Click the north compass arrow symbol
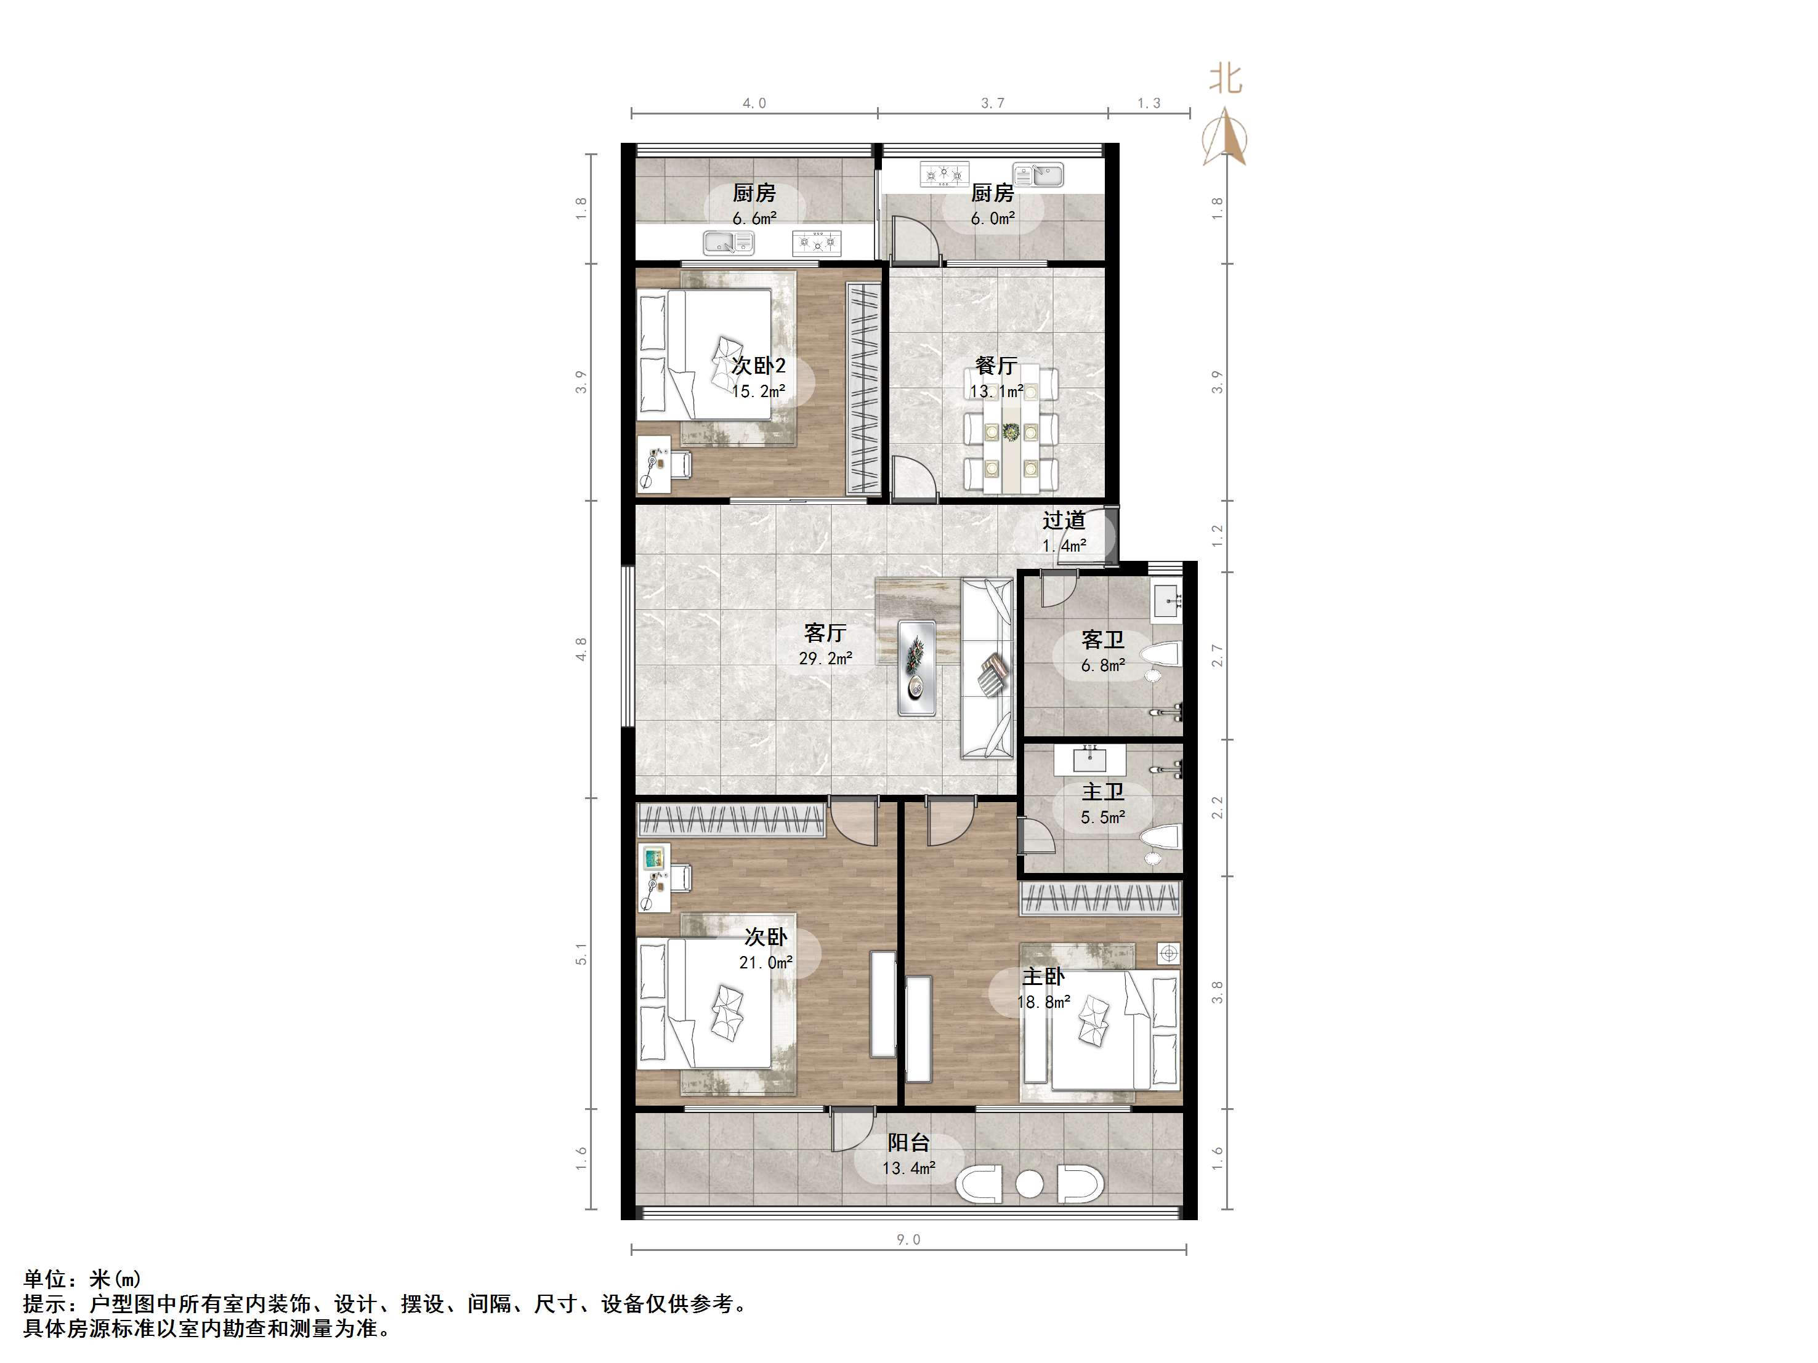coord(1224,135)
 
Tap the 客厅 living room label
coord(825,633)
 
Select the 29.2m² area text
coord(825,658)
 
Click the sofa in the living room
coord(987,668)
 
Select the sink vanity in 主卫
coord(1091,759)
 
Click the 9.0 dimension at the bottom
coord(908,1240)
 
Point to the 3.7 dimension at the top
coord(992,103)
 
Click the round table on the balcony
coord(1029,1184)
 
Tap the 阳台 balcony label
coord(908,1143)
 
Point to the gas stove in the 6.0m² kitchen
coord(944,175)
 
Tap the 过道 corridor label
coord(1064,520)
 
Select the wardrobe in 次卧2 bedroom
coord(864,388)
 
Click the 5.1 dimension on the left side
coord(581,954)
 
